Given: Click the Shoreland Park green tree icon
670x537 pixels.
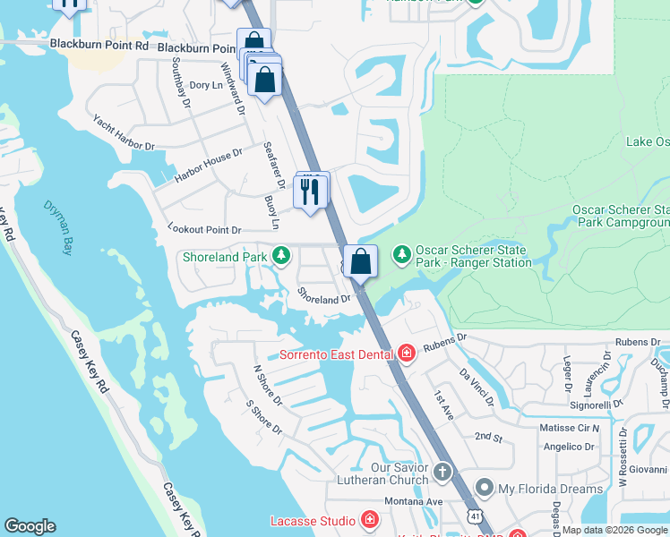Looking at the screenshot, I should pyautogui.click(x=281, y=257).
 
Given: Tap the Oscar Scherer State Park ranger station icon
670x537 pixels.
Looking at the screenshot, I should pyautogui.click(x=402, y=256).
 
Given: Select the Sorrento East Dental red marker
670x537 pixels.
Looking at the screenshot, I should pyautogui.click(x=407, y=354).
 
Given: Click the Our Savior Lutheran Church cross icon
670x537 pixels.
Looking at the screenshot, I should pyautogui.click(x=442, y=471).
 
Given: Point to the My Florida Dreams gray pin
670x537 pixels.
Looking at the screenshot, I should pyautogui.click(x=485, y=488).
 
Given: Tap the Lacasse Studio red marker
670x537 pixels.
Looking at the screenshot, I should pyautogui.click(x=369, y=520).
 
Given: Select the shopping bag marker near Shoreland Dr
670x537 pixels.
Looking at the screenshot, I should pyautogui.click(x=360, y=261).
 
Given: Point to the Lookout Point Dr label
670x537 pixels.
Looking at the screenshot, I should pyautogui.click(x=204, y=230).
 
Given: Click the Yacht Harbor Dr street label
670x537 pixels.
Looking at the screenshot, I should pyautogui.click(x=125, y=132).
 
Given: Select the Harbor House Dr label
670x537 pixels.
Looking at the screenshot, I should pyautogui.click(x=208, y=166).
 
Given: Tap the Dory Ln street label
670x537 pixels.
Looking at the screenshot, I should pyautogui.click(x=206, y=85).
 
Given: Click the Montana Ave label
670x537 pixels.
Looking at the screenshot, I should pyautogui.click(x=417, y=502).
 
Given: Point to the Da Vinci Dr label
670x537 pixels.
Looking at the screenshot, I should pyautogui.click(x=476, y=386).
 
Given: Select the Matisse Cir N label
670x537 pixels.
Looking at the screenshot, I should pyautogui.click(x=569, y=429).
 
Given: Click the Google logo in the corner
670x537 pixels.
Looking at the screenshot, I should pyautogui.click(x=30, y=526).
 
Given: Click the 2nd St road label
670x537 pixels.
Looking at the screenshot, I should pyautogui.click(x=488, y=436).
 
